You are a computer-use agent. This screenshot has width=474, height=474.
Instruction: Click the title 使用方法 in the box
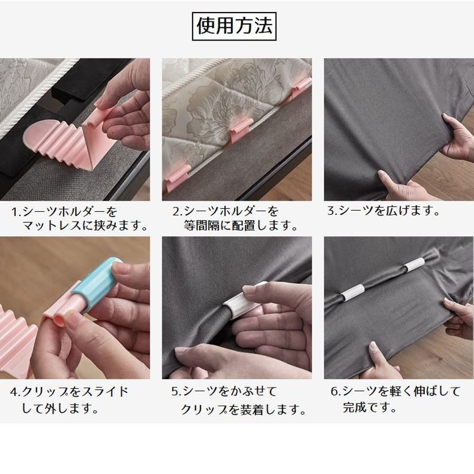234,26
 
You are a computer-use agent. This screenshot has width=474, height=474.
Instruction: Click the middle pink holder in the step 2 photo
240,130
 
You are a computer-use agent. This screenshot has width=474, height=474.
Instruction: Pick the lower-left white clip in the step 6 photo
353,292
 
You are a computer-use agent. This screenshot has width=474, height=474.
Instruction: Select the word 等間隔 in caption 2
202,225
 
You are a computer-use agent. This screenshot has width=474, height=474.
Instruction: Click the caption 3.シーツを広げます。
383,211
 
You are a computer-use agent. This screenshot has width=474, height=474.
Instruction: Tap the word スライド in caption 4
105,392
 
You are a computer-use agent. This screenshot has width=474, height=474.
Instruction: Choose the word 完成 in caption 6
354,408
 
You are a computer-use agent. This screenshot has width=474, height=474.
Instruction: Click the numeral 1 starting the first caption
14,212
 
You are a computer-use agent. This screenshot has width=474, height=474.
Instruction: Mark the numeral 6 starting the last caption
334,391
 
